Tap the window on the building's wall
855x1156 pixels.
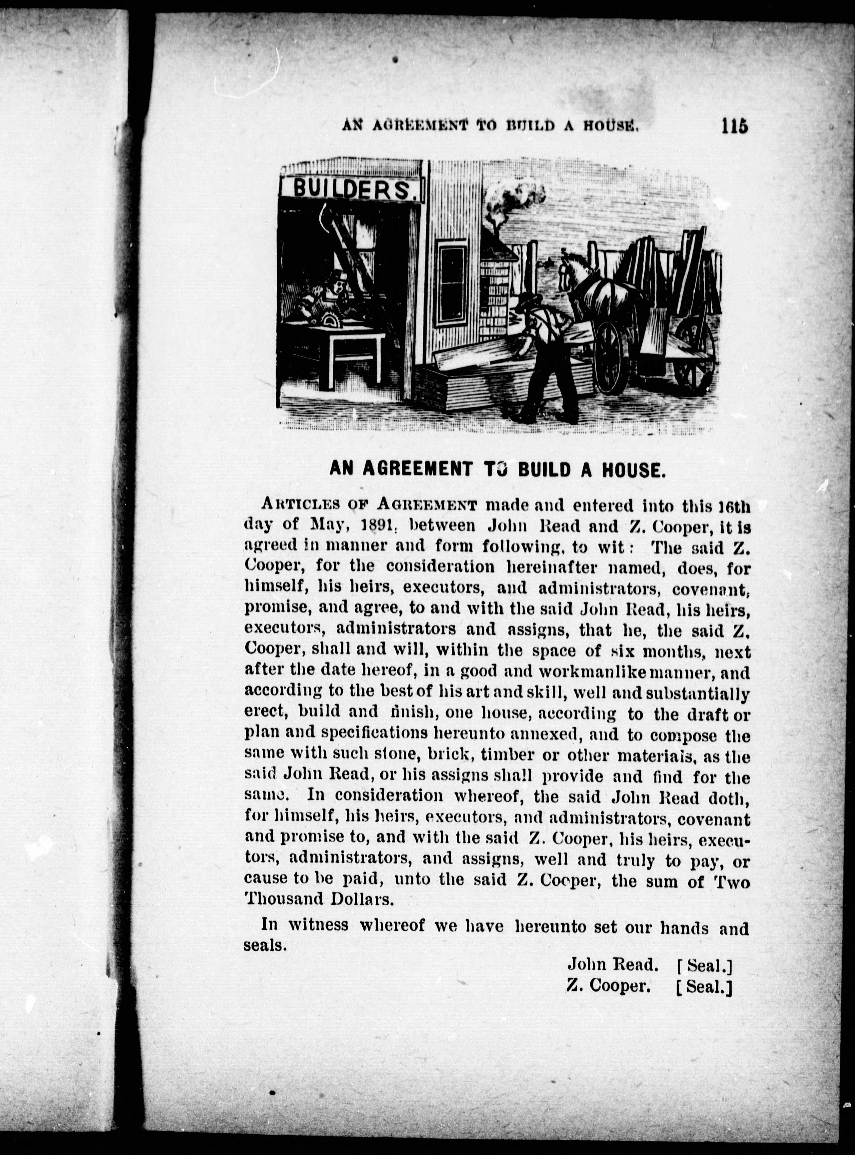click(452, 284)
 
